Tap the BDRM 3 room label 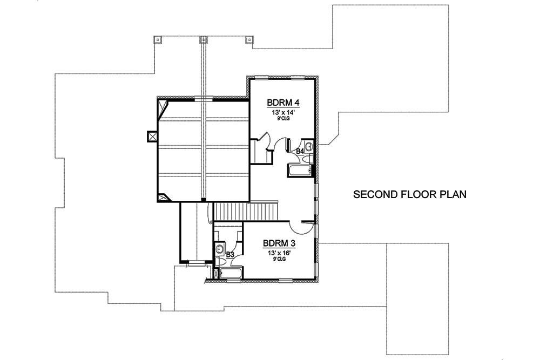278,243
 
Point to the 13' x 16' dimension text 278,252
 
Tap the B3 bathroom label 230,254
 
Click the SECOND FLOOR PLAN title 409,194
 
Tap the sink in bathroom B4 309,146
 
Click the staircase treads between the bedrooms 246,210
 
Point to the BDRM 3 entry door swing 300,227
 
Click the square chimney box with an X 152,137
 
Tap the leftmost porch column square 157,39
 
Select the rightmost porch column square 249,39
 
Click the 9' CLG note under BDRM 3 278,259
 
